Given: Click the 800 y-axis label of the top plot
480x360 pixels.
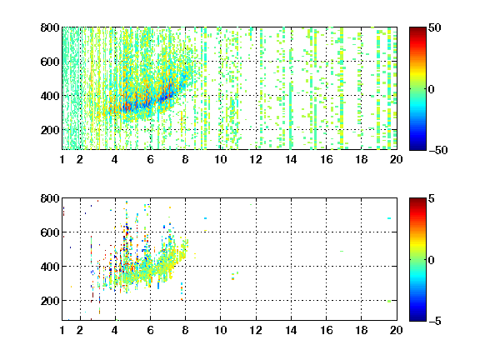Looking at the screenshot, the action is tap(50, 27).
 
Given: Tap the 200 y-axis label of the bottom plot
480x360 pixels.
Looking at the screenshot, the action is tap(50, 301).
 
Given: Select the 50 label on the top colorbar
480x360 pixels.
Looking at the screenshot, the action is tap(435, 27).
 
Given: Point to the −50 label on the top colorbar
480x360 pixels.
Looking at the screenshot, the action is tap(438, 150).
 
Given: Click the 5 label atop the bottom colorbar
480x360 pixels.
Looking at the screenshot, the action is tap(432, 198).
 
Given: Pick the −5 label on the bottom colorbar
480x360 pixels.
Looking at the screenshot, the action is tap(435, 321).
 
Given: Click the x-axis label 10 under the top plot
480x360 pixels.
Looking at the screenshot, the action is tap(220, 159).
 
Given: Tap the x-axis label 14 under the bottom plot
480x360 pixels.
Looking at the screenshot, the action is tap(291, 330).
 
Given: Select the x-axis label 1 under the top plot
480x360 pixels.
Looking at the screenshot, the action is tap(62, 159).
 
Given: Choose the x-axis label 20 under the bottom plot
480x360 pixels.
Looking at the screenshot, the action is tap(396, 330).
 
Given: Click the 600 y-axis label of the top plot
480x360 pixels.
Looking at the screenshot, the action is tap(50, 62).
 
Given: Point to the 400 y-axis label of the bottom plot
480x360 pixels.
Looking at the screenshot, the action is tap(50, 267).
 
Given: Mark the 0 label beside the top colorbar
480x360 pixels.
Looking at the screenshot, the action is tap(432, 89).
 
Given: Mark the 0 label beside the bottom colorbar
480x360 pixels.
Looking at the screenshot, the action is tap(432, 260).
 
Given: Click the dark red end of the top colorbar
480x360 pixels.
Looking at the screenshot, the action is tap(417, 28).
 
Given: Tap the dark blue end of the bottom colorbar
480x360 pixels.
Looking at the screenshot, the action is tap(417, 319).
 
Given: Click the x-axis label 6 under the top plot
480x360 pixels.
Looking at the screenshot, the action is tap(150, 159).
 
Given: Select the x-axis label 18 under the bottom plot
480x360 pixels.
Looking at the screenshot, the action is tap(361, 330).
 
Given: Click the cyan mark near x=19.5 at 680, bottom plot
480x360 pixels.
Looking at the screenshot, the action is tap(389, 218).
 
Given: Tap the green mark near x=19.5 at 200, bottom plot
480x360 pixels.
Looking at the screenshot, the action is tap(389, 301).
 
